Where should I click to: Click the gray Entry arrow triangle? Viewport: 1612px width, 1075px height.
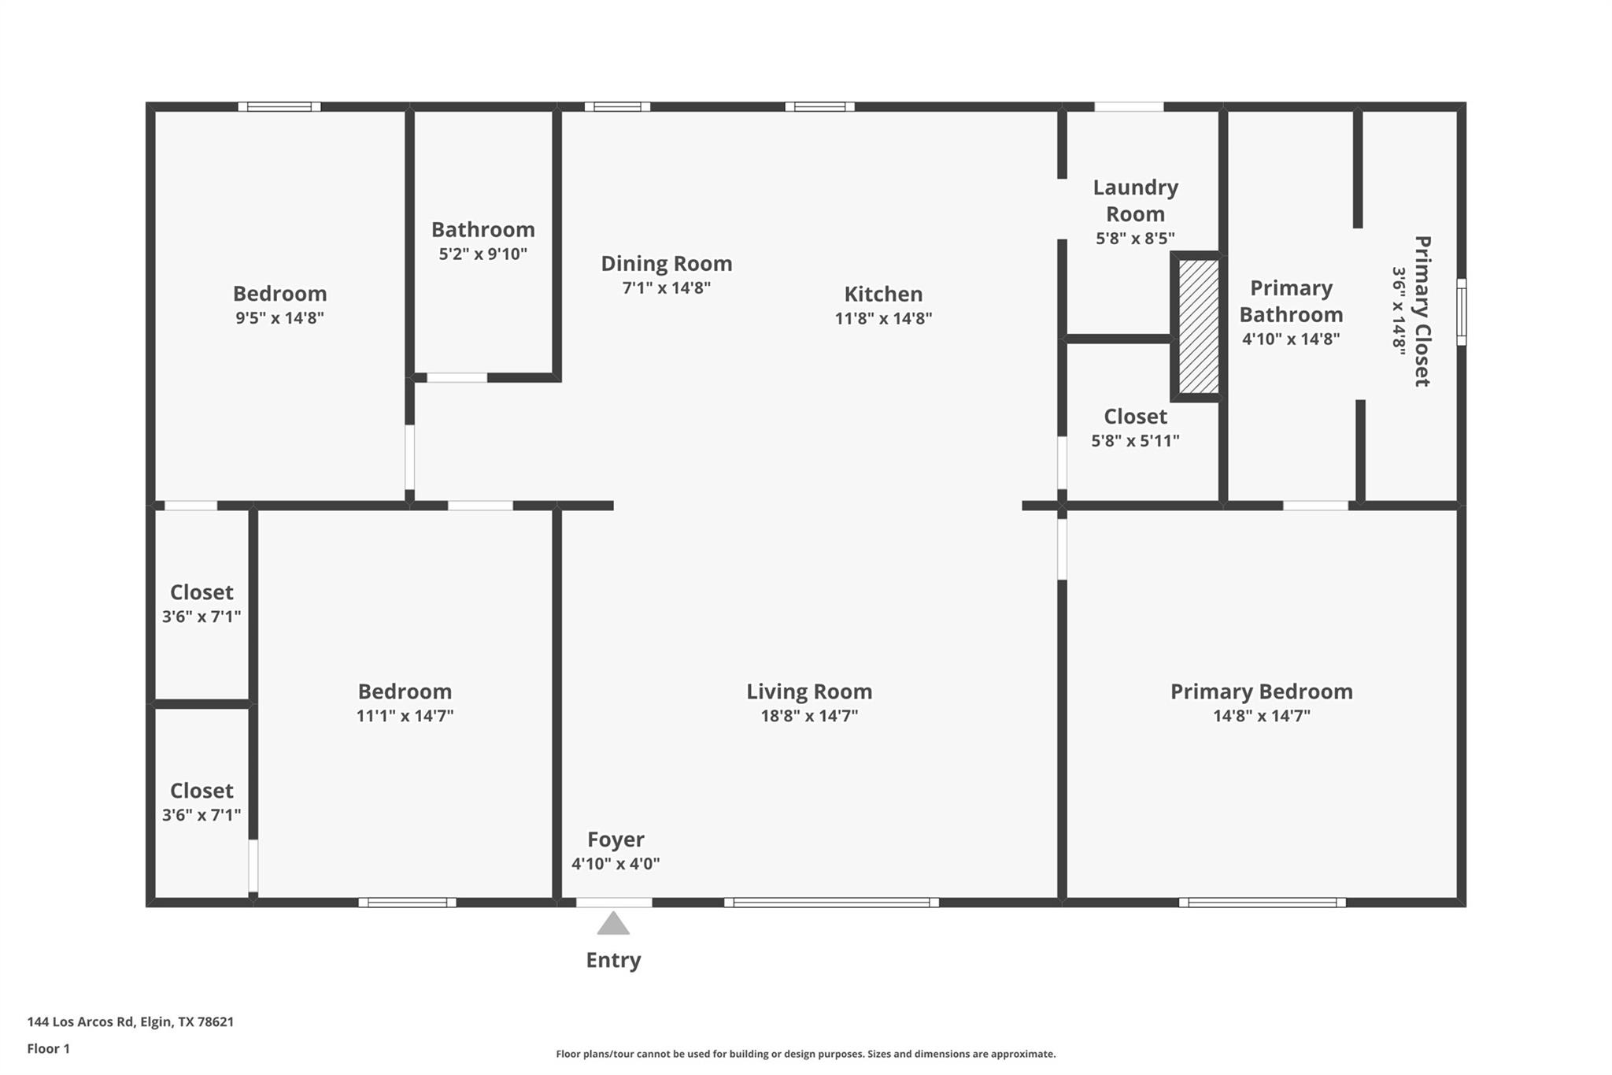tap(613, 925)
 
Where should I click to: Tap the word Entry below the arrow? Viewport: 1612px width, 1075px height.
tap(613, 960)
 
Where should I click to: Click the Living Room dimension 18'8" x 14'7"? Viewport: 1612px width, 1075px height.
tap(809, 716)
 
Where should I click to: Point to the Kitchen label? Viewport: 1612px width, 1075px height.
tap(883, 294)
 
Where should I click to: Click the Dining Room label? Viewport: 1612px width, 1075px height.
tap(666, 263)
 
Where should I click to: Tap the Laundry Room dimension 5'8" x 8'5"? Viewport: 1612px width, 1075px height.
tap(1135, 238)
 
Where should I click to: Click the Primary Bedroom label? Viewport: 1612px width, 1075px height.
tap(1261, 691)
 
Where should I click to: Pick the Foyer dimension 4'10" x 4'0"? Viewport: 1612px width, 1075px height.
tap(616, 863)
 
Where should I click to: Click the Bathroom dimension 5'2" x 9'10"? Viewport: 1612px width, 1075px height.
tap(482, 254)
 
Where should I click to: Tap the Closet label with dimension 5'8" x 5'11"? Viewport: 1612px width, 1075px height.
tap(1135, 416)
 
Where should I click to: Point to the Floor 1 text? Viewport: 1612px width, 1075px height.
tap(49, 1048)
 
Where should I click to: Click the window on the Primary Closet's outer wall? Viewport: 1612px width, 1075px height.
tap(1461, 311)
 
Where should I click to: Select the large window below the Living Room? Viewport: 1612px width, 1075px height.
tap(831, 903)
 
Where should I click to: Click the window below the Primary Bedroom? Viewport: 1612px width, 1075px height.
tap(1262, 903)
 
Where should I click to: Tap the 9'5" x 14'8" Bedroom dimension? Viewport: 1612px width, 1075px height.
tap(279, 318)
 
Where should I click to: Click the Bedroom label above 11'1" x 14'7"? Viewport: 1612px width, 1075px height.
tap(405, 691)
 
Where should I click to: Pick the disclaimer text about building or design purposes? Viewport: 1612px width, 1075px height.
tap(805, 1054)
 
